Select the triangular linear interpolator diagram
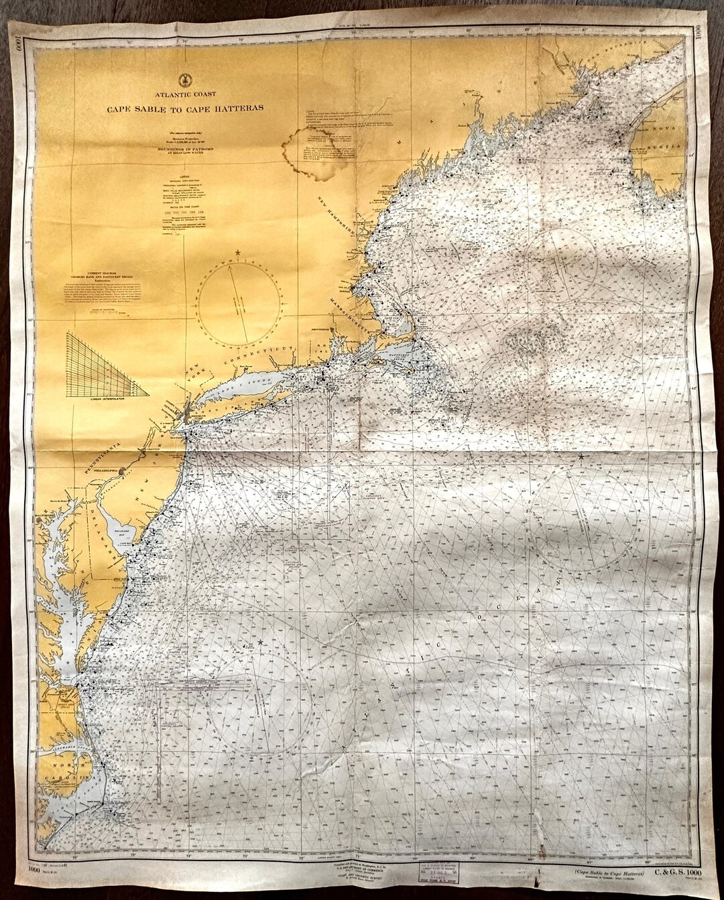107,365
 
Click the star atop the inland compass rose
238,253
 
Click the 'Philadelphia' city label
106,471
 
